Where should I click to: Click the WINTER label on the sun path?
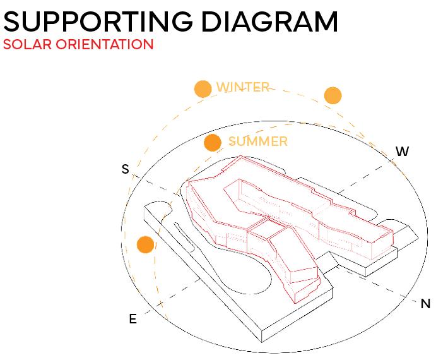coord(243,87)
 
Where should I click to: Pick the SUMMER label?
coord(257,141)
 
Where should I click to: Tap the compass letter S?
coord(125,169)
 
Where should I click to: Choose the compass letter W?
coord(402,152)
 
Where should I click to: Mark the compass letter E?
coord(133,319)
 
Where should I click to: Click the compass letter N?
coord(425,304)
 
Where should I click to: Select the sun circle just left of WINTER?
coord(203,88)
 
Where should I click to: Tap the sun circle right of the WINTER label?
coord(333,95)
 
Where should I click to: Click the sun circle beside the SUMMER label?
coord(213,143)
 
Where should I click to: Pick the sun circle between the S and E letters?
coord(146,244)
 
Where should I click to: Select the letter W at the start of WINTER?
coord(223,87)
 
